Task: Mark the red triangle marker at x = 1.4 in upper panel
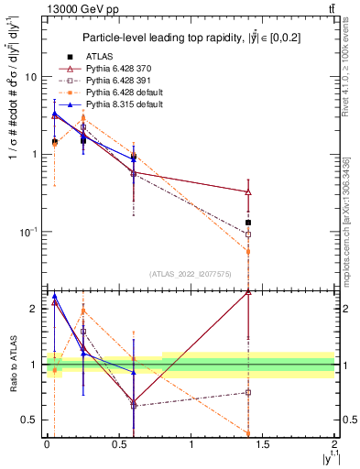pyautogui.click(x=248, y=192)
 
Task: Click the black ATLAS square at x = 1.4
pyautogui.click(x=248, y=223)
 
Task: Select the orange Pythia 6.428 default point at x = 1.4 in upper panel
pyautogui.click(x=248, y=251)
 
